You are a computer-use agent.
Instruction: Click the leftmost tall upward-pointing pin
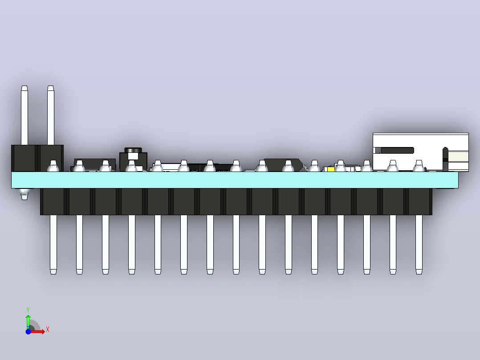pyautogui.click(x=24, y=115)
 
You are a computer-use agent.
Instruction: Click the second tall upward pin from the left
pyautogui.click(x=51, y=115)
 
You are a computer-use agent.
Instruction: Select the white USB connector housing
pyautogui.click(x=421, y=152)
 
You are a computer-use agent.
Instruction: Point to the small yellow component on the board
pyautogui.click(x=331, y=169)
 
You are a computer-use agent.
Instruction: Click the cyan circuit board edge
pyautogui.click(x=235, y=180)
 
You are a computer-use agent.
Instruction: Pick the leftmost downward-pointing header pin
pyautogui.click(x=53, y=245)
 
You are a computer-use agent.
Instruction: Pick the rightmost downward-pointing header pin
pyautogui.click(x=419, y=245)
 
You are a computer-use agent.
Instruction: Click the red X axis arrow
pyautogui.click(x=37, y=331)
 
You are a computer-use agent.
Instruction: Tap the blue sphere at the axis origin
pyautogui.click(x=28, y=331)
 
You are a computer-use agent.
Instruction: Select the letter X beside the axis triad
pyautogui.click(x=48, y=330)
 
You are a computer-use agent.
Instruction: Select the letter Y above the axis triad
pyautogui.click(x=28, y=310)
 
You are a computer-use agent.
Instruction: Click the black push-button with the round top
pyautogui.click(x=133, y=160)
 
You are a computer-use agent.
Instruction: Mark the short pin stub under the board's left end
pyautogui.click(x=24, y=194)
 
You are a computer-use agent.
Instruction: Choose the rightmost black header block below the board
pyautogui.click(x=420, y=201)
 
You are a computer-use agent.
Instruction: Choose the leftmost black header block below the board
pyautogui.click(x=53, y=201)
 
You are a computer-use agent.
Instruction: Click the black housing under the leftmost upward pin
pyautogui.click(x=24, y=158)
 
